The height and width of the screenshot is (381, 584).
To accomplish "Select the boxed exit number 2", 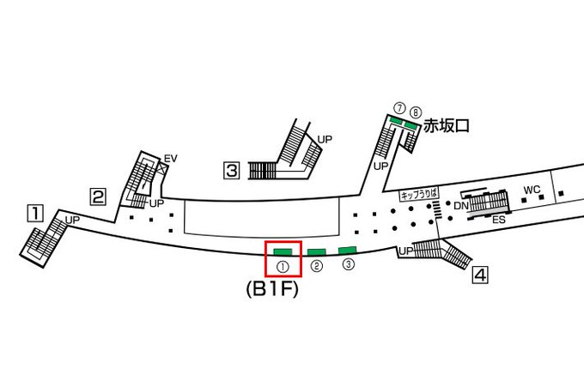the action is pos(99,197).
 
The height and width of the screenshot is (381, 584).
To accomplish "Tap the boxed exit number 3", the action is pos(231,171).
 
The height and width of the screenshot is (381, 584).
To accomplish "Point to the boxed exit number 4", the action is pos(481,275).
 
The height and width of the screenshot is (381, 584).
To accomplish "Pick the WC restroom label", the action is pos(532,189).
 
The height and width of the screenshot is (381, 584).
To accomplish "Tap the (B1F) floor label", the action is pos(271,290).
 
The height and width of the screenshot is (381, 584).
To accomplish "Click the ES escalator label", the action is pos(498,220).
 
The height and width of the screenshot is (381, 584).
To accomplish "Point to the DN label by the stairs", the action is pos(460,206).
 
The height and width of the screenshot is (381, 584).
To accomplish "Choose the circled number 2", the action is pos(316,266).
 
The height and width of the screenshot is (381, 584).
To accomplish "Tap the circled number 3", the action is pos(348,264).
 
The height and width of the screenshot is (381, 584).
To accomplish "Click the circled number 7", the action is pos(399,108).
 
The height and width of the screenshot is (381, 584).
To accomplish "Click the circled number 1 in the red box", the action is pos(283,267).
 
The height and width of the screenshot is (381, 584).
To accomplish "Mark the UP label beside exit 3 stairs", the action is pos(325,138).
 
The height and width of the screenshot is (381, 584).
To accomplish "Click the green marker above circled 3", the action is pos(347,250).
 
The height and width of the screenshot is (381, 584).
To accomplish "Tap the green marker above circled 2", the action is pos(316,251).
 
